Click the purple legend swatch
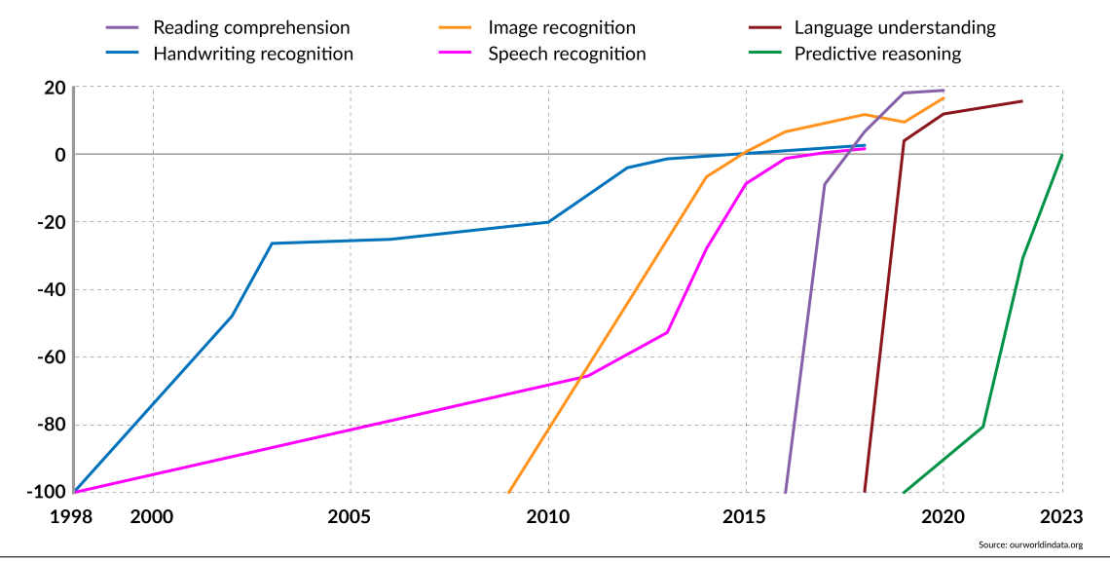(x=122, y=27)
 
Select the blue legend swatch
(x=122, y=52)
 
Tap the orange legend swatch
(x=455, y=27)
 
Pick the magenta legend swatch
(x=455, y=52)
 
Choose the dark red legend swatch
(x=764, y=27)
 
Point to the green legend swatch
(x=764, y=52)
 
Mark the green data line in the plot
(x=1003, y=341)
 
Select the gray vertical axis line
(x=73, y=292)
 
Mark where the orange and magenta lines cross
(x=581, y=377)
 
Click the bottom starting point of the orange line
(x=508, y=493)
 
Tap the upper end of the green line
(x=1061, y=155)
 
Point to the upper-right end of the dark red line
(x=1021, y=100)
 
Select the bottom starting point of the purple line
(x=786, y=493)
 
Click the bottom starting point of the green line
(x=904, y=493)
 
